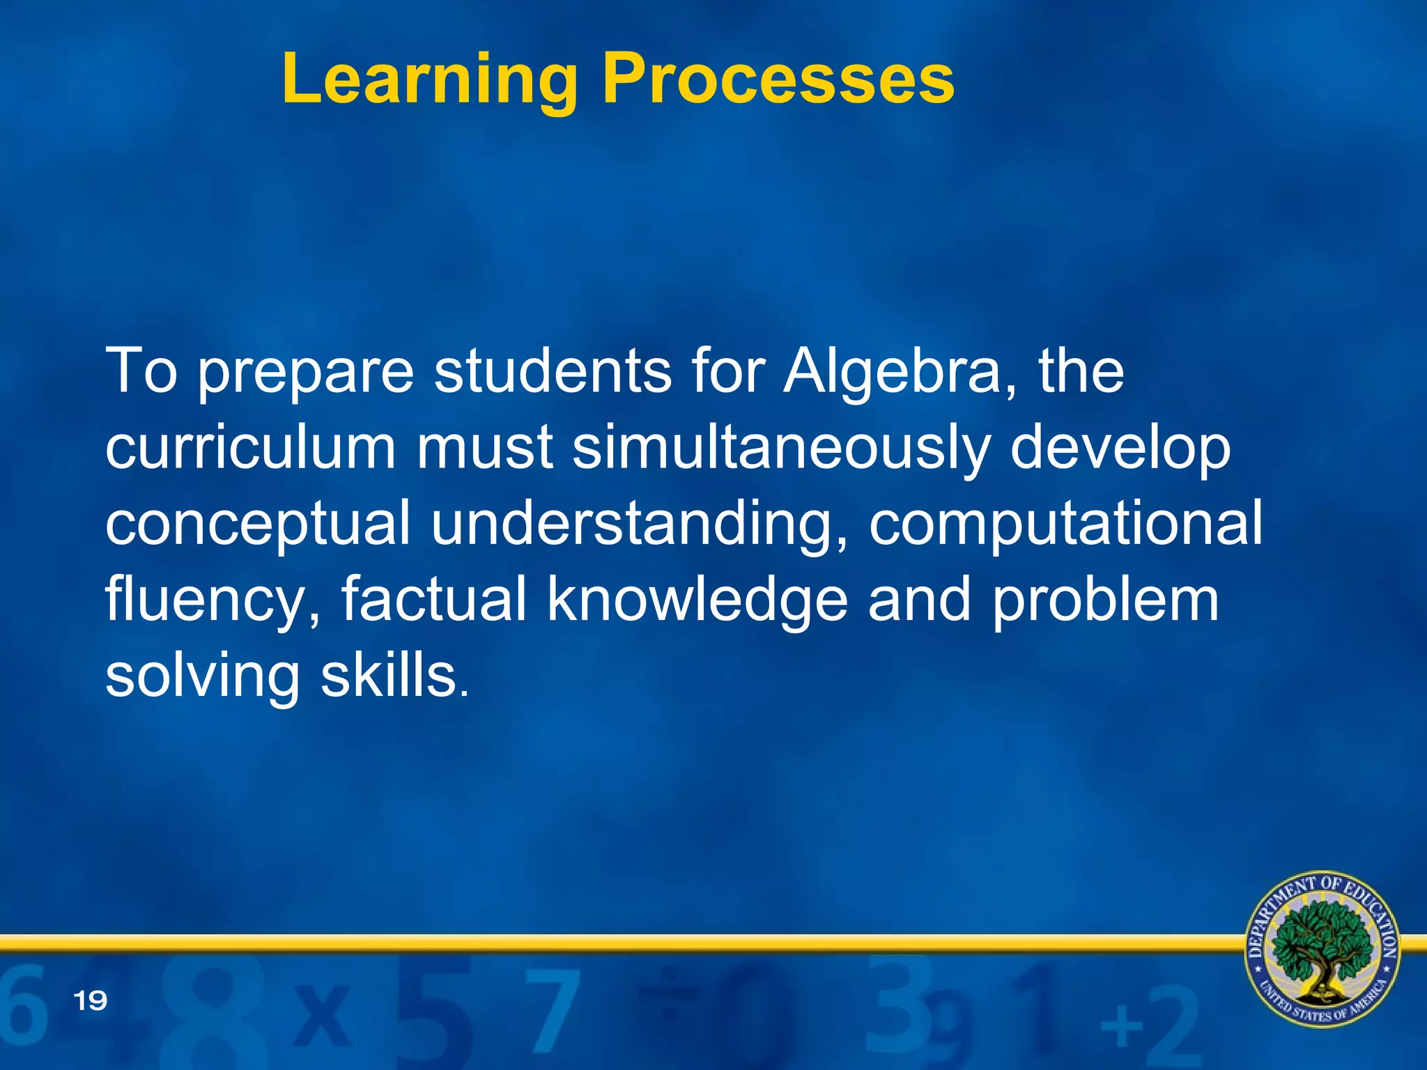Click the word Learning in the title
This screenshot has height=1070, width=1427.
pyautogui.click(x=429, y=80)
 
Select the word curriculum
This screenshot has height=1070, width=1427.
pyautogui.click(x=250, y=447)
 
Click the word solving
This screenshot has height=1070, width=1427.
pyautogui.click(x=202, y=677)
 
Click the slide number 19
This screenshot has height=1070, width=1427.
pyautogui.click(x=91, y=1001)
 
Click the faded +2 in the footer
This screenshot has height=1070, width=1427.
pyautogui.click(x=1150, y=1024)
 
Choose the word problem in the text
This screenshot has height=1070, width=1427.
pyautogui.click(x=1105, y=600)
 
